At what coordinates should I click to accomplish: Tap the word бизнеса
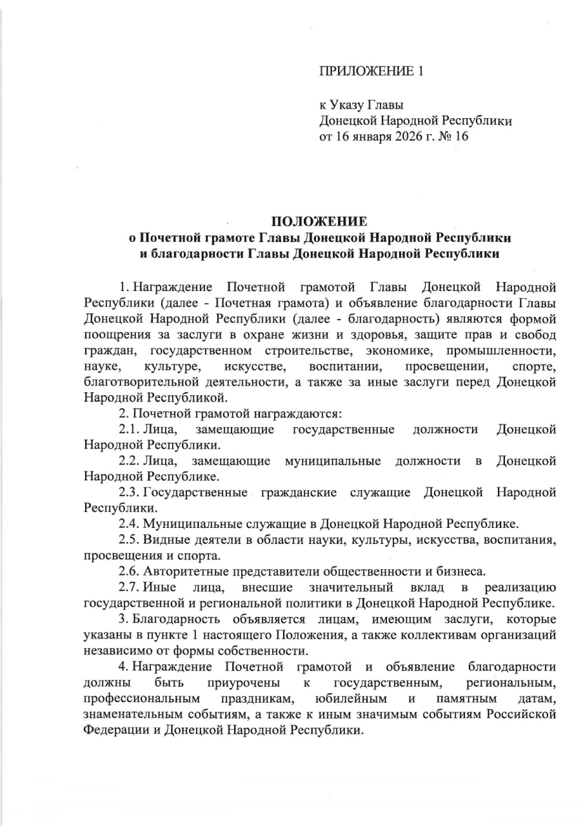click(x=461, y=570)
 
